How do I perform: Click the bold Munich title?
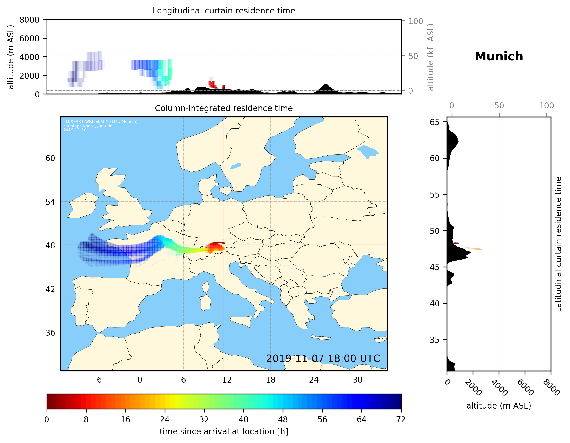coord(498,57)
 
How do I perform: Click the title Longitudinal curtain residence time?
coord(224,11)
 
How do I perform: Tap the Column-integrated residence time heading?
coord(224,108)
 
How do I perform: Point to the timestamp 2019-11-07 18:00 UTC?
coord(323,358)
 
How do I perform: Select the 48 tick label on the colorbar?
coord(283,420)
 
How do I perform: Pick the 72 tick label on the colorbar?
coord(401,420)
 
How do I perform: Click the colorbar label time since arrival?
coord(224,431)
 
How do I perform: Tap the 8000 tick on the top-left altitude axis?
coord(29,20)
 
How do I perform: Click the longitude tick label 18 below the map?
coord(270,380)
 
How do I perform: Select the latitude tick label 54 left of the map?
coord(50,202)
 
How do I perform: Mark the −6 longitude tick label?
coord(96,380)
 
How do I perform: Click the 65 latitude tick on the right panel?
coord(435,122)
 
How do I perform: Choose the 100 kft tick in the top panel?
coord(416,21)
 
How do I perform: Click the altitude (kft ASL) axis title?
coord(431,57)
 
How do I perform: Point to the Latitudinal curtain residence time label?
coord(558,244)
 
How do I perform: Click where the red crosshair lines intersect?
coord(224,244)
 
